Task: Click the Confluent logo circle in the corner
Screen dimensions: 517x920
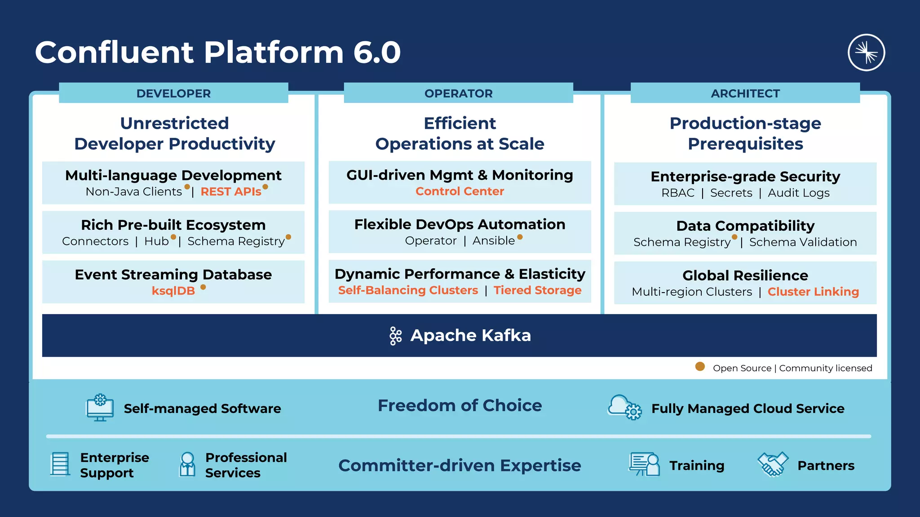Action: [866, 53]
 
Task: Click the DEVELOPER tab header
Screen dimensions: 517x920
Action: [173, 93]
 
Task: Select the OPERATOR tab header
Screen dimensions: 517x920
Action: [458, 93]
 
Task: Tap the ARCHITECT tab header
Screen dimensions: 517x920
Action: [745, 93]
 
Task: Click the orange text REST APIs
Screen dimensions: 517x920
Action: [230, 192]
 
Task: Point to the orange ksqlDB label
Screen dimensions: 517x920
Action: [173, 291]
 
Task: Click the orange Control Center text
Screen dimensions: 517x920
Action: [460, 191]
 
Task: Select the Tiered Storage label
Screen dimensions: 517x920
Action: [537, 290]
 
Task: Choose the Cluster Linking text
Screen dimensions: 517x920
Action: [813, 292]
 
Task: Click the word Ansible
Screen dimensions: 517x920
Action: [493, 241]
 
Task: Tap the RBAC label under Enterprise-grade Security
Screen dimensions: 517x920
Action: [678, 193]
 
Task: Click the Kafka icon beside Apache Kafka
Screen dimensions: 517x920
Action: [395, 336]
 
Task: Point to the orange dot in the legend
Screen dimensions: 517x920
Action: [700, 367]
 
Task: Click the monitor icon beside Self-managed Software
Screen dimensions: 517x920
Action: [100, 407]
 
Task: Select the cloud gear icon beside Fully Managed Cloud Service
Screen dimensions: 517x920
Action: [624, 407]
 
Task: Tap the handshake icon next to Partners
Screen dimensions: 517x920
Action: [773, 464]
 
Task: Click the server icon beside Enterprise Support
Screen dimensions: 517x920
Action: [60, 464]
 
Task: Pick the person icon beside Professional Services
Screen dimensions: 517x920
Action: [187, 464]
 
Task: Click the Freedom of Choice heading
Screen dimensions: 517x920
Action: [460, 405]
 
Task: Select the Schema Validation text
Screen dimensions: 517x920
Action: [803, 242]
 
